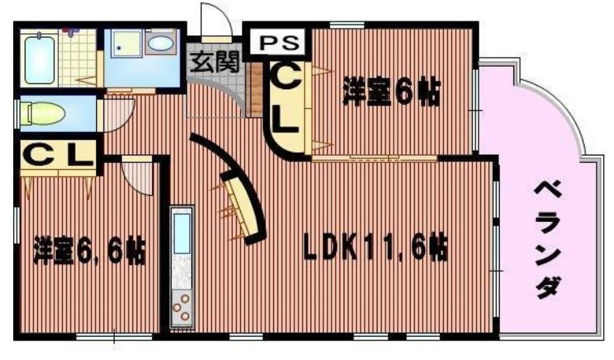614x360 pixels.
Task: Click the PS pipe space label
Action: point(279,42)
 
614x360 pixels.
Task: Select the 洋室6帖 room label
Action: point(392,93)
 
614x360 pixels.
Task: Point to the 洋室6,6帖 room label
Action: point(89,250)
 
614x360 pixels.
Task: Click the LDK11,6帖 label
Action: point(376,247)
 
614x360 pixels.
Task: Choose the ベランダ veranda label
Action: point(548,239)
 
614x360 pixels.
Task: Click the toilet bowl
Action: point(44,114)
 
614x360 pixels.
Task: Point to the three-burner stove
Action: point(182,307)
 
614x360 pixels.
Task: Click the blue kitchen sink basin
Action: point(182,234)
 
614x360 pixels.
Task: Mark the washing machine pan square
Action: point(126,43)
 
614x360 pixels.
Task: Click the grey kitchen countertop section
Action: point(182,273)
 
